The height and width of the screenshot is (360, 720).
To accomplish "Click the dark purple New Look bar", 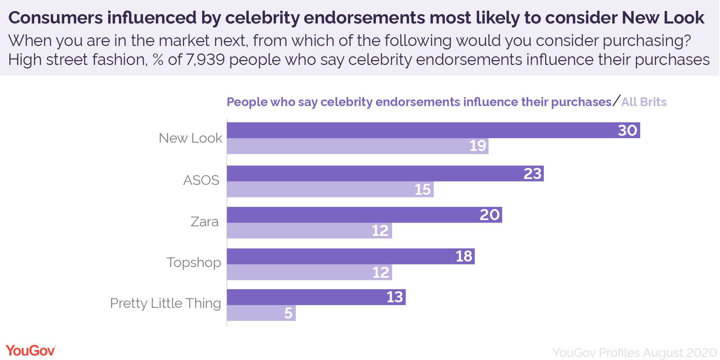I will coord(433,130).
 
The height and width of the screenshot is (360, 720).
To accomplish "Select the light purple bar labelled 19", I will coord(358,146).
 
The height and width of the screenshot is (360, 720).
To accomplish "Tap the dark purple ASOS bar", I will coord(385,173).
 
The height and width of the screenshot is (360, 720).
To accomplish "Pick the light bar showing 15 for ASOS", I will coord(330,189).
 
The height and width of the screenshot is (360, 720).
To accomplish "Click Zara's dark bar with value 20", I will coord(364,215).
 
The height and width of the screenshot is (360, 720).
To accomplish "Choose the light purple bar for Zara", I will coord(309,230).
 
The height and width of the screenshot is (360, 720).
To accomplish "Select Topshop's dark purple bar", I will coord(351,256).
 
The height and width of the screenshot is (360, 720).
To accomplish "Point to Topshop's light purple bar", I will coord(309,272).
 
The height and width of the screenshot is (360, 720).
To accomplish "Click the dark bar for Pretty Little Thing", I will coord(316,297).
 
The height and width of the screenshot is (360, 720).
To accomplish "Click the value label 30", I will coord(627,131).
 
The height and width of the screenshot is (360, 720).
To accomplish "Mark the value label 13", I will coord(395,297).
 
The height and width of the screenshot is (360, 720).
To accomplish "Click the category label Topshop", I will coord(194,263).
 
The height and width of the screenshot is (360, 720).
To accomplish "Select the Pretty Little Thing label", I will coord(165,303).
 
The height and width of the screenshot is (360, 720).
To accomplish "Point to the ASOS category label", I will coord(201,180).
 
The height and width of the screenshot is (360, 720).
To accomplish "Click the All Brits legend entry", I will coord(644,102).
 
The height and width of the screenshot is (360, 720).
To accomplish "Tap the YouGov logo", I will coord(31,351).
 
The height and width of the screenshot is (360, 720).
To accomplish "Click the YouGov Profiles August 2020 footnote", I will coord(634,353).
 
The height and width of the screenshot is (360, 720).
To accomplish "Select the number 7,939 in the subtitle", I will coord(205,60).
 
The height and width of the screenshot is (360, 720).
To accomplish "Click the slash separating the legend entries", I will coord(616,101).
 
